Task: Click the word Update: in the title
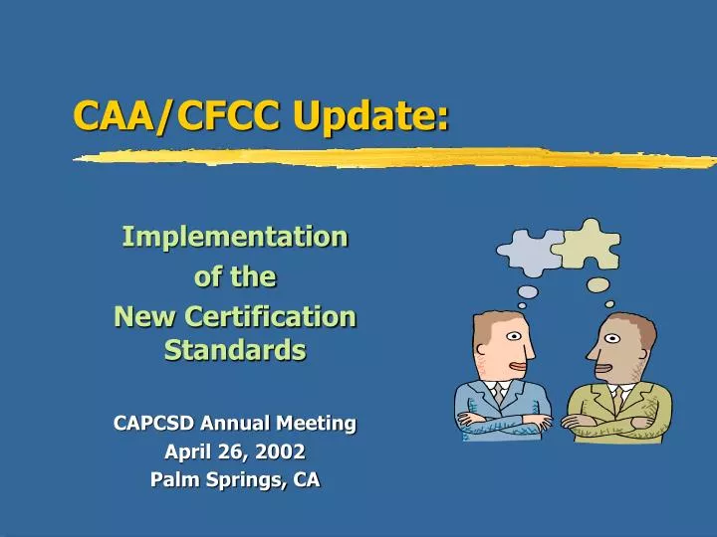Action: click(x=371, y=117)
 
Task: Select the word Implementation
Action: click(x=234, y=237)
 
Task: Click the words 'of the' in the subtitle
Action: click(x=235, y=277)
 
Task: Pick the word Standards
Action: click(x=235, y=350)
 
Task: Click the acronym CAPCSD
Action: click(x=155, y=424)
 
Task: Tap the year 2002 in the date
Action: click(x=281, y=451)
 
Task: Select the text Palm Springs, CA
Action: click(x=235, y=479)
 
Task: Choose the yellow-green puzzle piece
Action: click(x=589, y=242)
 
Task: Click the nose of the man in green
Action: click(x=591, y=351)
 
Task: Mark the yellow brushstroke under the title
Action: click(x=398, y=157)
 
